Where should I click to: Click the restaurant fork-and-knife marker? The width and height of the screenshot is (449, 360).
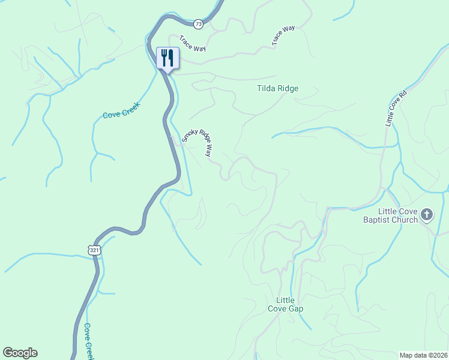[167, 58]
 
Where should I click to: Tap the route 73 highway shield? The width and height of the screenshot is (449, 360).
[199, 24]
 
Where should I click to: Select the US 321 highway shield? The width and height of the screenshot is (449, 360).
[92, 250]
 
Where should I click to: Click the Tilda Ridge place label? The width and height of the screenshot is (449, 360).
[277, 89]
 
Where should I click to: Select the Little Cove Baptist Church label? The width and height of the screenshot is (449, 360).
[398, 215]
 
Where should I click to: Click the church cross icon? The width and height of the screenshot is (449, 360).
[427, 214]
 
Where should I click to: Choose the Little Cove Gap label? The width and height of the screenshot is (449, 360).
[285, 304]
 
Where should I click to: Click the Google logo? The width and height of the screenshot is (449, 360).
[20, 353]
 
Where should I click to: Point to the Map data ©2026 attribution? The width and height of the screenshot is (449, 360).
[423, 355]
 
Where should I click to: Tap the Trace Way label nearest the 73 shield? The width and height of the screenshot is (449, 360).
[191, 46]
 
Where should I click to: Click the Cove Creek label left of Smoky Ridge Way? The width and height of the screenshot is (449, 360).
[121, 110]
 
